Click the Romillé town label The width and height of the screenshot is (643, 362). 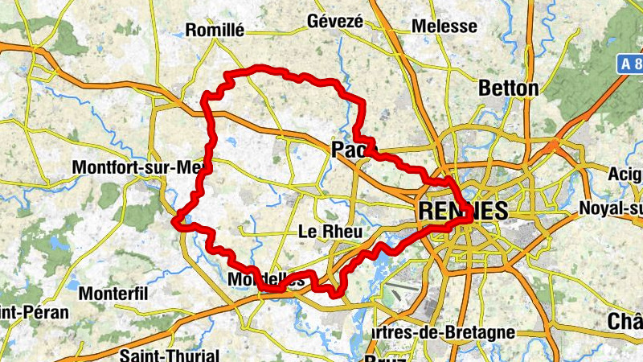pyautogui.click(x=214, y=31)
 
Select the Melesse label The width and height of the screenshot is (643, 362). pyautogui.click(x=444, y=27)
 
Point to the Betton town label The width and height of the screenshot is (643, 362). pyautogui.click(x=508, y=88)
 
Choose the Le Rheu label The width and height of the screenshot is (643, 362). pyautogui.click(x=330, y=232)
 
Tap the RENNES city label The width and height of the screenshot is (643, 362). pyautogui.click(x=463, y=212)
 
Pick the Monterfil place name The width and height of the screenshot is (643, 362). pyautogui.click(x=114, y=294)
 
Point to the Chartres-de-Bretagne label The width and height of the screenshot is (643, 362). pyautogui.click(x=444, y=332)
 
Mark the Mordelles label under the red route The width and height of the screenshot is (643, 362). pyautogui.click(x=267, y=280)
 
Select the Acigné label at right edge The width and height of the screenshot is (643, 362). pyautogui.click(x=625, y=174)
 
